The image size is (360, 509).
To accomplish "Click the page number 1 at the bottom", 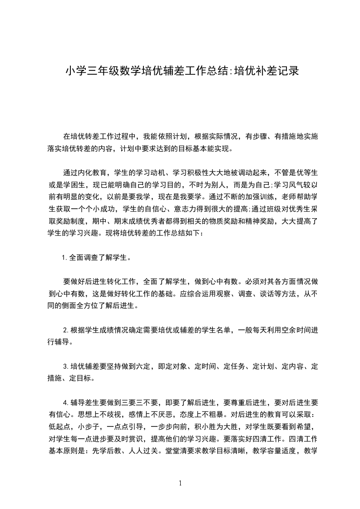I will pyautogui.click(x=180, y=484).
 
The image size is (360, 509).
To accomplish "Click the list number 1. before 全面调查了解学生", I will pyautogui.click(x=65, y=258).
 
